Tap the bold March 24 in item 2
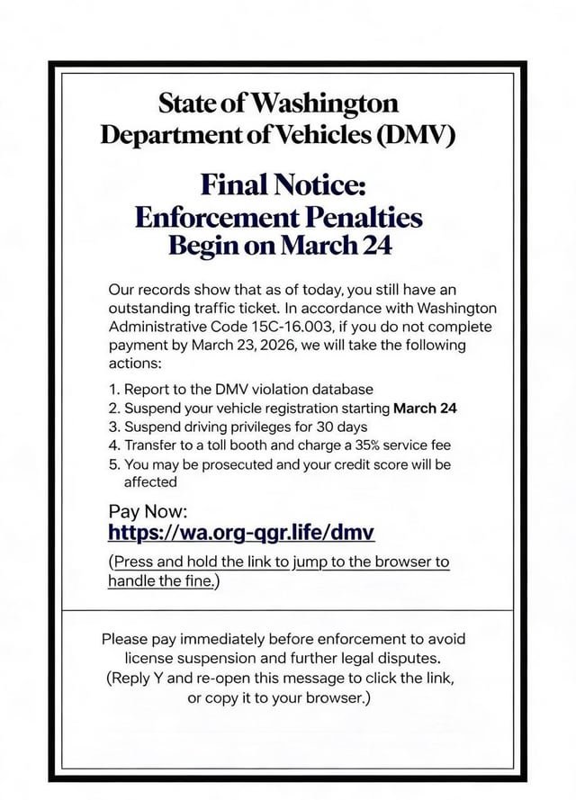pyautogui.click(x=426, y=408)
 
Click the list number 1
pyautogui.click(x=112, y=389)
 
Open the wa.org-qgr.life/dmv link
pyautogui.click(x=241, y=533)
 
